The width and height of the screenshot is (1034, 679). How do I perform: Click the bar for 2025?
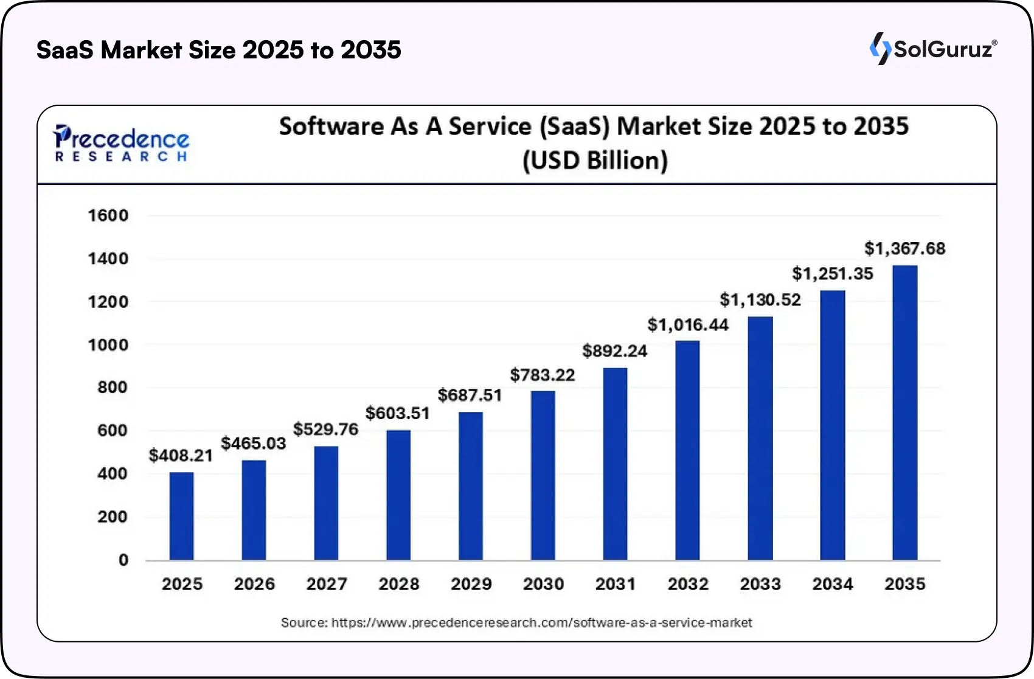(x=181, y=516)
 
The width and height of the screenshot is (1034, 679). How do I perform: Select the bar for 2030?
(x=543, y=475)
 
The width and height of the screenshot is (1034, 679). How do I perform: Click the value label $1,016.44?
(x=688, y=325)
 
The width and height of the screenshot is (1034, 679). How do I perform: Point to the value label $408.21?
(x=181, y=456)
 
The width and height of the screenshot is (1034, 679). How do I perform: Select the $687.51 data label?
(x=470, y=395)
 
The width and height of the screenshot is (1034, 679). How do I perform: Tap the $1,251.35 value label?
(x=832, y=274)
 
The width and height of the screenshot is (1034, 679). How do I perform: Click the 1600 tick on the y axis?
(x=108, y=215)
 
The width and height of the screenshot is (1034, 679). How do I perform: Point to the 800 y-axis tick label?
(x=113, y=388)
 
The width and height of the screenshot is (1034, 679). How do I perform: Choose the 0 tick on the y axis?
(x=123, y=560)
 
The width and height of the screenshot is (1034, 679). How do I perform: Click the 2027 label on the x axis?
(x=327, y=584)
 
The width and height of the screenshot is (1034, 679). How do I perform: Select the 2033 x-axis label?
(x=760, y=584)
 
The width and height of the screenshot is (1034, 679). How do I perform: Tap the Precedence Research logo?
(x=121, y=144)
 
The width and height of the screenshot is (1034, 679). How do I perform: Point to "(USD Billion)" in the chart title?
(x=595, y=161)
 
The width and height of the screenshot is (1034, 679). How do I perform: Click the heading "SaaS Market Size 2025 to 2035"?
(x=219, y=50)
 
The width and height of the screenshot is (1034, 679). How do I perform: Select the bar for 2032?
(x=687, y=450)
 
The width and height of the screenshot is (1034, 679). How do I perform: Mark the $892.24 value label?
(x=615, y=351)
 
